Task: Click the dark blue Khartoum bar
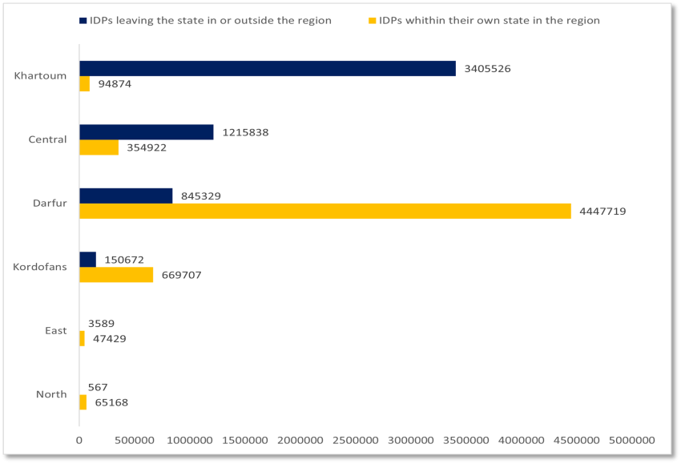coord(267,68)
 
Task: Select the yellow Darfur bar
coord(324,211)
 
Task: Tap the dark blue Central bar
coord(146,132)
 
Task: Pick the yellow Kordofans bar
coord(115,275)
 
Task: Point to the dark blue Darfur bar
coord(125,196)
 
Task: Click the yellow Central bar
coord(99,147)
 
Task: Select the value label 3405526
coord(487,68)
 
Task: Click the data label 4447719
coord(602,212)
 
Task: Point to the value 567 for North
coord(98,387)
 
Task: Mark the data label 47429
coord(109,339)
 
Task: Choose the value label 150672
coord(124,260)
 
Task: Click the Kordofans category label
coord(40,267)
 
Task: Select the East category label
coord(56,330)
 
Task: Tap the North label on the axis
coord(51,394)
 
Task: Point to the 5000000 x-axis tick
coord(631,441)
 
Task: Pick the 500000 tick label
coord(134,441)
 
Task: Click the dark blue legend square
coord(83,20)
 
